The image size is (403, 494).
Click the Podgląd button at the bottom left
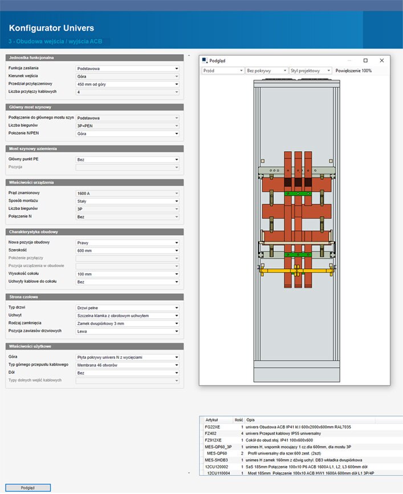point(28,487)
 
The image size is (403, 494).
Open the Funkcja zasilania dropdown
point(128,68)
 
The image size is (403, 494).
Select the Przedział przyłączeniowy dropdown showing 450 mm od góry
point(128,84)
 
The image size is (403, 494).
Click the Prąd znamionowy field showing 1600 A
point(128,193)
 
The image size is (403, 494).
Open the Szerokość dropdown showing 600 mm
point(128,250)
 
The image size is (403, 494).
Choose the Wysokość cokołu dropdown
point(128,274)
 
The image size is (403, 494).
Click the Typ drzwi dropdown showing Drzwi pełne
point(128,308)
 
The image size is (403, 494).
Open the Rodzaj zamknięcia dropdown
point(128,323)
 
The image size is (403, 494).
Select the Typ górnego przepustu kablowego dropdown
point(128,365)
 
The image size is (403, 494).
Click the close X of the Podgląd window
point(382,60)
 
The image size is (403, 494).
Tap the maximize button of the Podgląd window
point(365,60)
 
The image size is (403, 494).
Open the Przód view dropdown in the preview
point(223,71)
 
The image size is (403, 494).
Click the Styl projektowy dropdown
point(311,71)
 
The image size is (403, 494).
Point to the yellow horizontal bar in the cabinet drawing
point(297,270)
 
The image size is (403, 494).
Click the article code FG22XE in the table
point(213,427)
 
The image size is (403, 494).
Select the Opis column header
point(251,420)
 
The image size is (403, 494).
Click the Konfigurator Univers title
point(51,28)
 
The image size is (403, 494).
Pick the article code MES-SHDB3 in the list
point(216,460)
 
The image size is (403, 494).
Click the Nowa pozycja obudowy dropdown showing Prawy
point(128,242)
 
